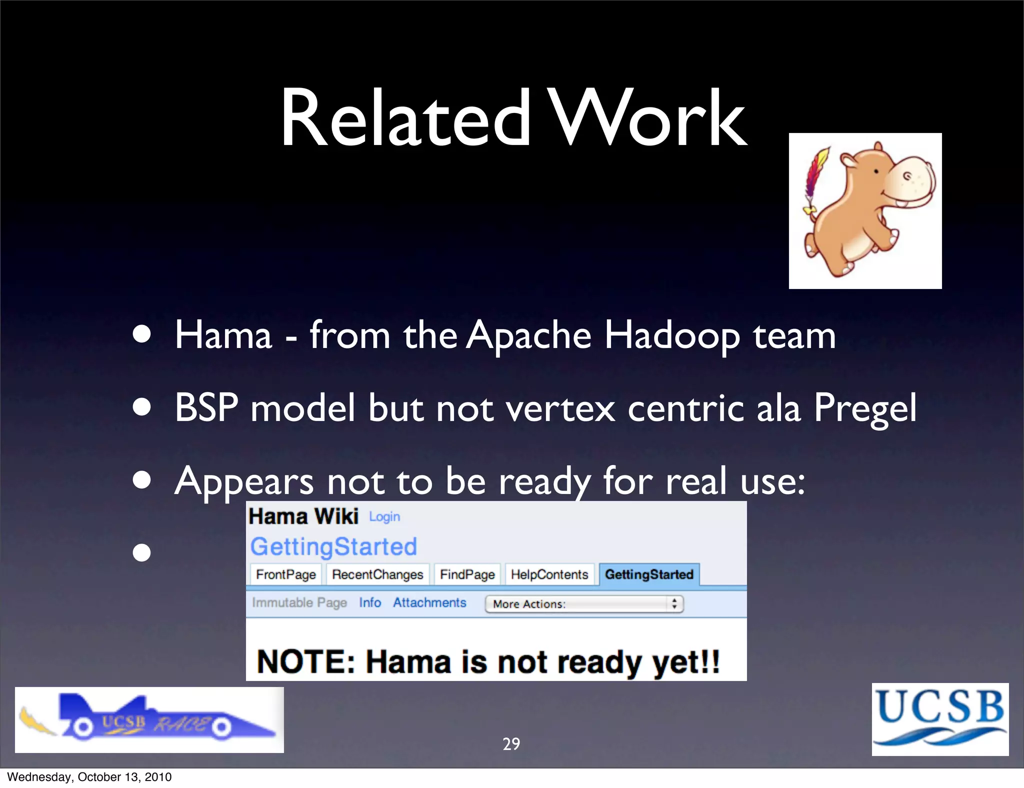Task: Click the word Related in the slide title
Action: coord(405,119)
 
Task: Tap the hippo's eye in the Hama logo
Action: coord(876,171)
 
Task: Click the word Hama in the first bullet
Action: coord(223,335)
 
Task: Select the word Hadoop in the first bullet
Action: coord(672,335)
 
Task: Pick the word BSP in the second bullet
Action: coord(206,407)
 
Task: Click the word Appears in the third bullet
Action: coord(244,481)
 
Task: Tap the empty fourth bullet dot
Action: coord(142,553)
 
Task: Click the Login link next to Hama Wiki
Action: coord(384,517)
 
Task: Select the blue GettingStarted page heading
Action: coord(333,546)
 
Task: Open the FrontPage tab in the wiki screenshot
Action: coord(285,574)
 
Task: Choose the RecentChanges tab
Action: coord(377,574)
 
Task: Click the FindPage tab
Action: coord(467,574)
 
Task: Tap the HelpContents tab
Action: coord(549,574)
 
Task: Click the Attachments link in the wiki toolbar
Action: coord(429,602)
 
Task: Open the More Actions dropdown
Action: coord(583,604)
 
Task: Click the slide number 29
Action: coord(511,744)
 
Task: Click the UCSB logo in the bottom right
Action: coord(940,718)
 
